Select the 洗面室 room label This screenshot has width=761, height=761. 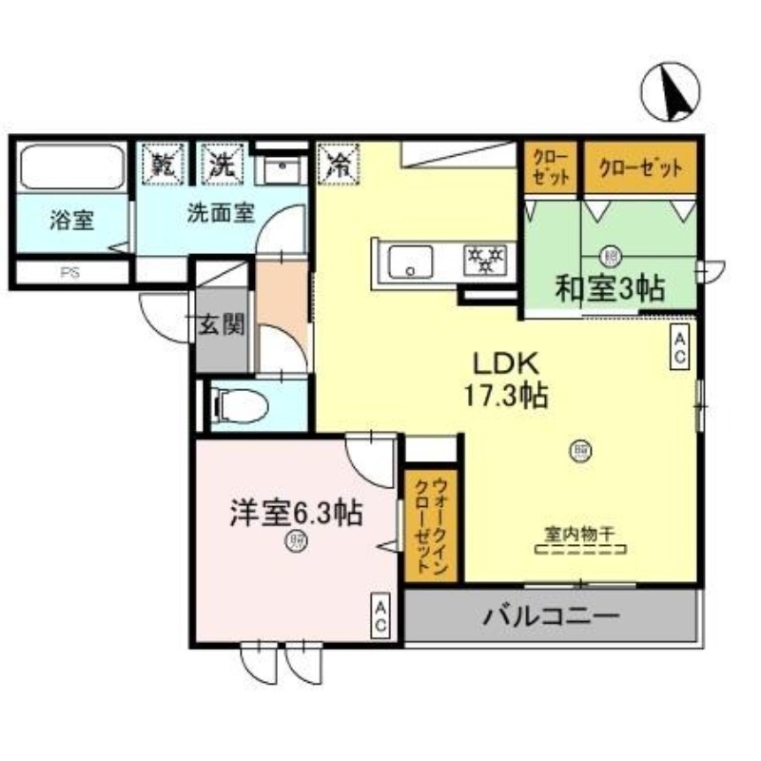(220, 213)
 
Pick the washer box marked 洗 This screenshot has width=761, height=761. (222, 164)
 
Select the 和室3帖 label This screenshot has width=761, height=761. (611, 286)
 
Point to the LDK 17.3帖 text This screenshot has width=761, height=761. (506, 379)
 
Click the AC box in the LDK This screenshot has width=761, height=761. (680, 344)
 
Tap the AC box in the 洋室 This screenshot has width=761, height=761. (380, 615)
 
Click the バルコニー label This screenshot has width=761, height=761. (551, 615)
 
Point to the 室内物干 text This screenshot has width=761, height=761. (579, 536)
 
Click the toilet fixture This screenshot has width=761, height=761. (238, 407)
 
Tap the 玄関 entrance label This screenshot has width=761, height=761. (221, 325)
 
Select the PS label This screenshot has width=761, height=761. (69, 272)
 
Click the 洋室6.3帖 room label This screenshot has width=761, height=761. (294, 514)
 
